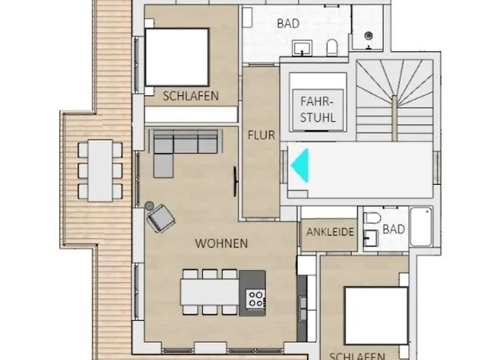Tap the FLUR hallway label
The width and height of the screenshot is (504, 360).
click(261, 135)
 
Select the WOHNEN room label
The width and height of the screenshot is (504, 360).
click(221, 243)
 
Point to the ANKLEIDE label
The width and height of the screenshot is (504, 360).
click(330, 232)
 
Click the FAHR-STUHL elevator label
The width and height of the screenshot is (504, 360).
click(318, 109)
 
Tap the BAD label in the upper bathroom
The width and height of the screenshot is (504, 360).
click(288, 24)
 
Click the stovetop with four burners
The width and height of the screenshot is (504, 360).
click(256, 299)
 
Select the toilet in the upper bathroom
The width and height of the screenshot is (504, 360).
click(332, 48)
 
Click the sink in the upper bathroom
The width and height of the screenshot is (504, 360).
click(302, 48)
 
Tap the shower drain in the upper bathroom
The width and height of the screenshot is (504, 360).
click(369, 35)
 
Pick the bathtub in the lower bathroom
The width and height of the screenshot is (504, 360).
click(421, 227)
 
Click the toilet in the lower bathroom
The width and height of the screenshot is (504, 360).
click(372, 218)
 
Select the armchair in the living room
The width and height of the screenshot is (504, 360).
click(161, 218)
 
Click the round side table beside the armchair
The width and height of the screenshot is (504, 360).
click(150, 205)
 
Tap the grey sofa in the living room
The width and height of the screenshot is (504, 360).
click(185, 148)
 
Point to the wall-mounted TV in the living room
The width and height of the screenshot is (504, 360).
click(235, 181)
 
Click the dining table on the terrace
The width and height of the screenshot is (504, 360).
click(100, 171)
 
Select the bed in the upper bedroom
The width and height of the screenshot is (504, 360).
click(177, 57)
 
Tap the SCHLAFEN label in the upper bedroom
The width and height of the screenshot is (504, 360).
click(191, 96)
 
